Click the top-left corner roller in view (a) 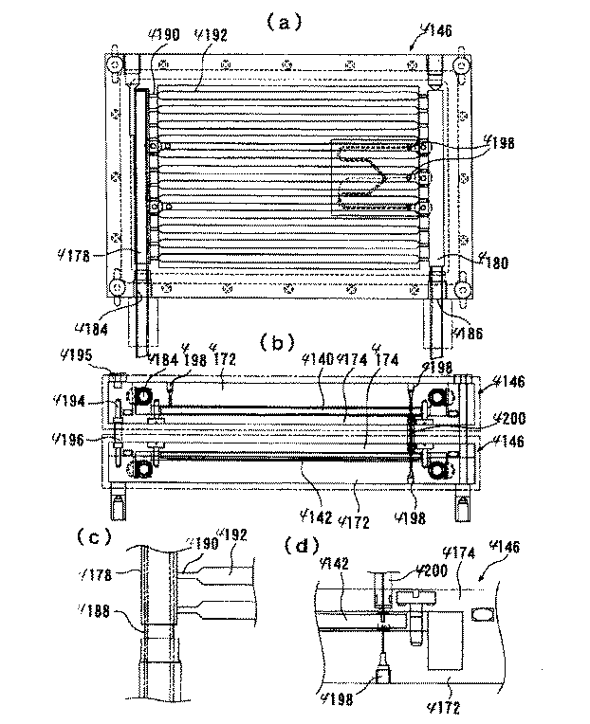[x=115, y=66]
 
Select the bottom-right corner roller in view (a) [x=462, y=288]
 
